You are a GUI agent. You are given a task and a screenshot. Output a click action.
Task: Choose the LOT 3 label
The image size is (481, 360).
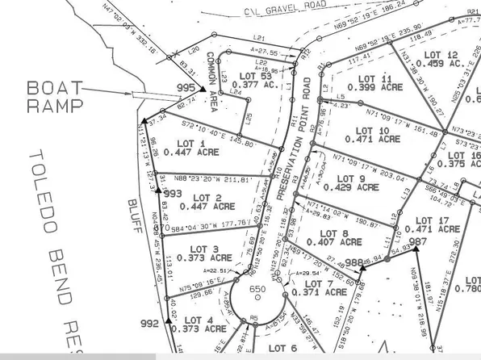197,249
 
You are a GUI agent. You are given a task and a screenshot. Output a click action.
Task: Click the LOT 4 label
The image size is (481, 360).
199,320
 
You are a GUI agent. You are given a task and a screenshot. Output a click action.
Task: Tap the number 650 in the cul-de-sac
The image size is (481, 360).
257,288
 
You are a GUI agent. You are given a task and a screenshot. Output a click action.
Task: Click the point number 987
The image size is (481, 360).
418,241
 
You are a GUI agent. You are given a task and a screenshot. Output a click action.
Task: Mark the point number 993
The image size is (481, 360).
173,194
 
